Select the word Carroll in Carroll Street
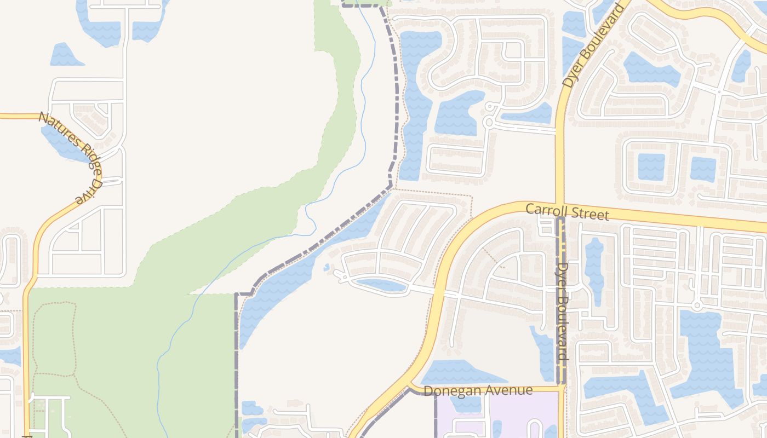pyautogui.click(x=546, y=210)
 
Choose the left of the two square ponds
pyautogui.click(x=651, y=166)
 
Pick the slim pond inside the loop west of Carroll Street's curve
pyautogui.click(x=381, y=285)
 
